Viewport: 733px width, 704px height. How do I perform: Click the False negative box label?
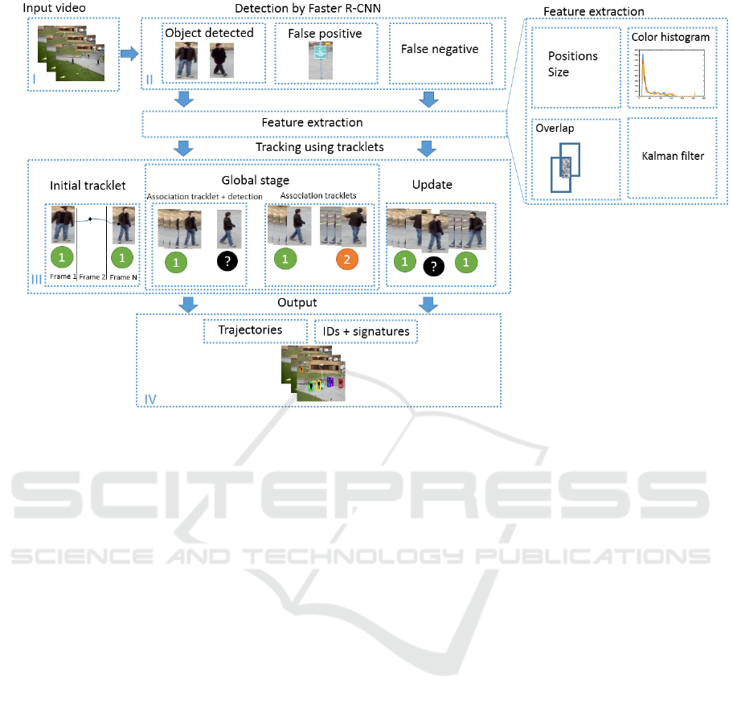[x=440, y=49]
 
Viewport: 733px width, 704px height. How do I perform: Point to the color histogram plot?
[x=670, y=73]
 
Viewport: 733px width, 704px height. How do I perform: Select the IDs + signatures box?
[x=366, y=331]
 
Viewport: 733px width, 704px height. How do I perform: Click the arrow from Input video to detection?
[x=129, y=54]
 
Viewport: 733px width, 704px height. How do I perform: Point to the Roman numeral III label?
[x=36, y=279]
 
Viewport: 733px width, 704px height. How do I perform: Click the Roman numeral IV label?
[x=149, y=399]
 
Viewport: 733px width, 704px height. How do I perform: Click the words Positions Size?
[x=572, y=64]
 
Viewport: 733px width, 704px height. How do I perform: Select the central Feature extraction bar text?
[x=312, y=123]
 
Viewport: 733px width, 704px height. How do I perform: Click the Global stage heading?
[x=256, y=181]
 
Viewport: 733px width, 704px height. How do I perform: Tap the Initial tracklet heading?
[x=88, y=185]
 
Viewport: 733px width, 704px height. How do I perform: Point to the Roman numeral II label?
[x=149, y=79]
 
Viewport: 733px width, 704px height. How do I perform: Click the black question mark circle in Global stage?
[x=228, y=261]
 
